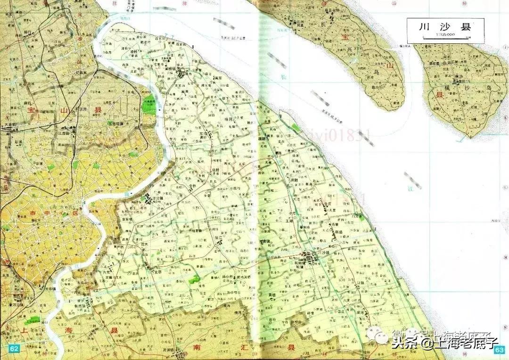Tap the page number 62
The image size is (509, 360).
pos(14,349)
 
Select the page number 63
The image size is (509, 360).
pos(500,350)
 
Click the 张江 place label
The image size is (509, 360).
pos(219,237)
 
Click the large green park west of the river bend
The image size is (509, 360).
pos(149,105)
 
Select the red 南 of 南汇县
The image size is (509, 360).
pos(197,347)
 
